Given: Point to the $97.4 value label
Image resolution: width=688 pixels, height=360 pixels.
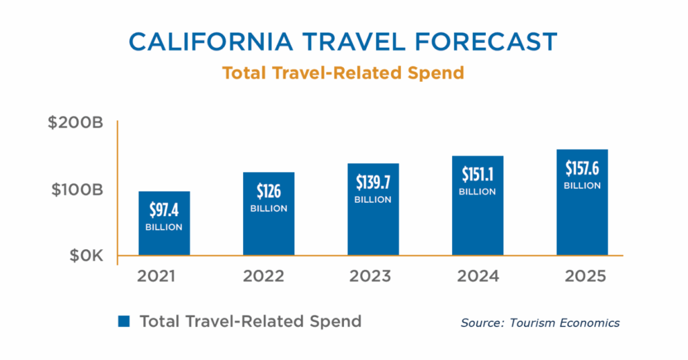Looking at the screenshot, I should [x=164, y=210].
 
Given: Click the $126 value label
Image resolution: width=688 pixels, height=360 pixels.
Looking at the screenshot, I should [x=269, y=191].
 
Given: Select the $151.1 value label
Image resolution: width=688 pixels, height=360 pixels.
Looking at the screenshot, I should [x=478, y=175].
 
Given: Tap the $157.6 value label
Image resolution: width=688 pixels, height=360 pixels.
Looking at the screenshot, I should [x=582, y=169].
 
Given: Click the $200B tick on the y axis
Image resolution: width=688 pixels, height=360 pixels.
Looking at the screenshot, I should [x=75, y=124].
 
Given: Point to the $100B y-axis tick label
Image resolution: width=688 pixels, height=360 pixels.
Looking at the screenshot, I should [x=75, y=190].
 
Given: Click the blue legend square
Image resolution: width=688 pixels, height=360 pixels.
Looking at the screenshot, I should [x=124, y=321].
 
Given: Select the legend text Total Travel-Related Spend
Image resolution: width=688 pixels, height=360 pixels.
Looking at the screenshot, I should [x=250, y=321].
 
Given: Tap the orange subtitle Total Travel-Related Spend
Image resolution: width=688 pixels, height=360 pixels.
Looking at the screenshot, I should [x=343, y=73].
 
